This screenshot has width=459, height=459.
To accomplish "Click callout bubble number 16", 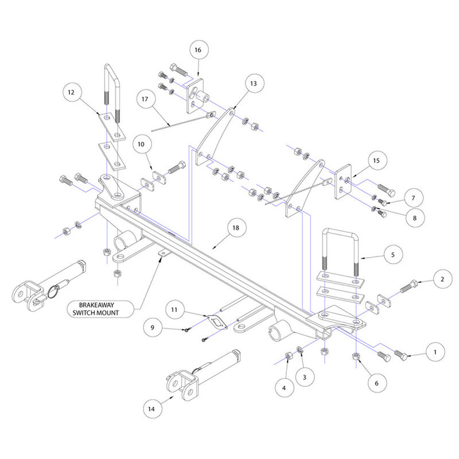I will point(197,50).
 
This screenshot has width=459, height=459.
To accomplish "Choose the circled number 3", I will point(305,377).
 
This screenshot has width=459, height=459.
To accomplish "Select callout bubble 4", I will point(283,388).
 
